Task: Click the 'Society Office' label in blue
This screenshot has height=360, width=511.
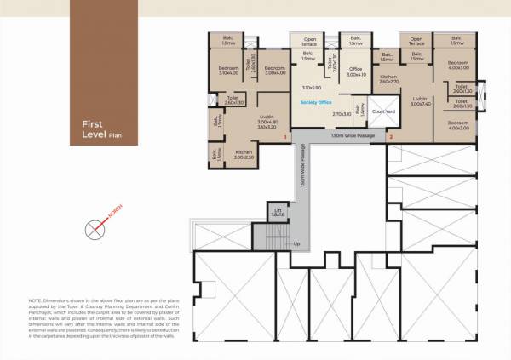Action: pos(317,100)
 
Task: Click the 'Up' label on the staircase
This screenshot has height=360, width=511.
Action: pos(296,244)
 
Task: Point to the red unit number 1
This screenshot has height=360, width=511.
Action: pos(284,136)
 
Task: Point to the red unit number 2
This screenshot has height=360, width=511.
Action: pos(391,136)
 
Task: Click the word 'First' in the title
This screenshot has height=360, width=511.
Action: pos(92,124)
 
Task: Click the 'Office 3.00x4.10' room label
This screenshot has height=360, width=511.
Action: pos(356,72)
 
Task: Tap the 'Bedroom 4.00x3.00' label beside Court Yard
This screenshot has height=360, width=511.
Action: pos(459,124)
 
